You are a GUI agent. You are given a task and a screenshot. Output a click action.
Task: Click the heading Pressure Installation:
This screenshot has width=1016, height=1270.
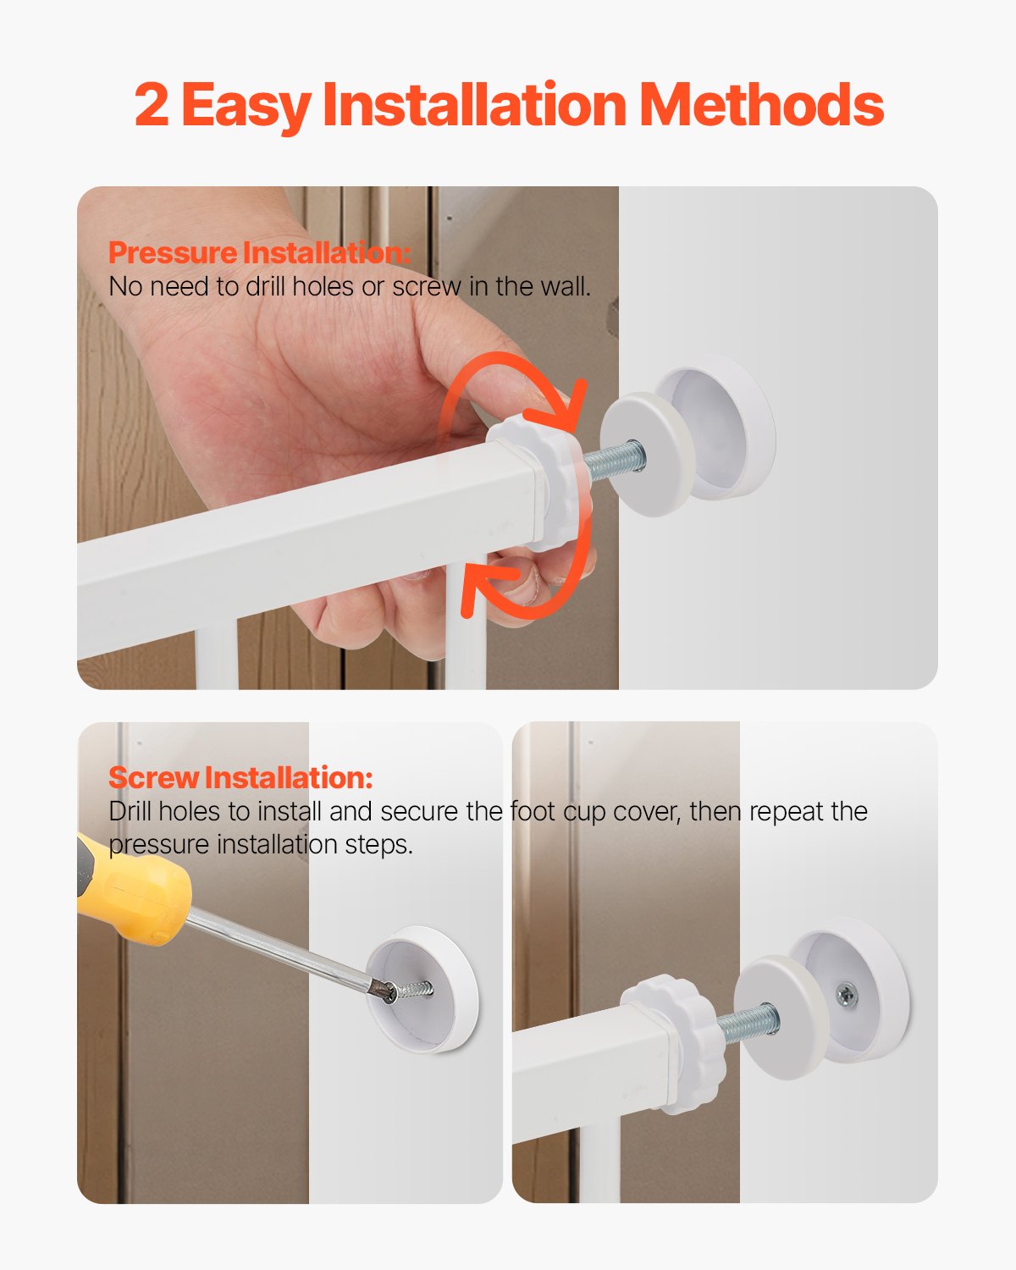260,252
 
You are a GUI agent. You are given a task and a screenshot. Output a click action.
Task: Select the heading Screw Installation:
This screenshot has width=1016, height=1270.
240,777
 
